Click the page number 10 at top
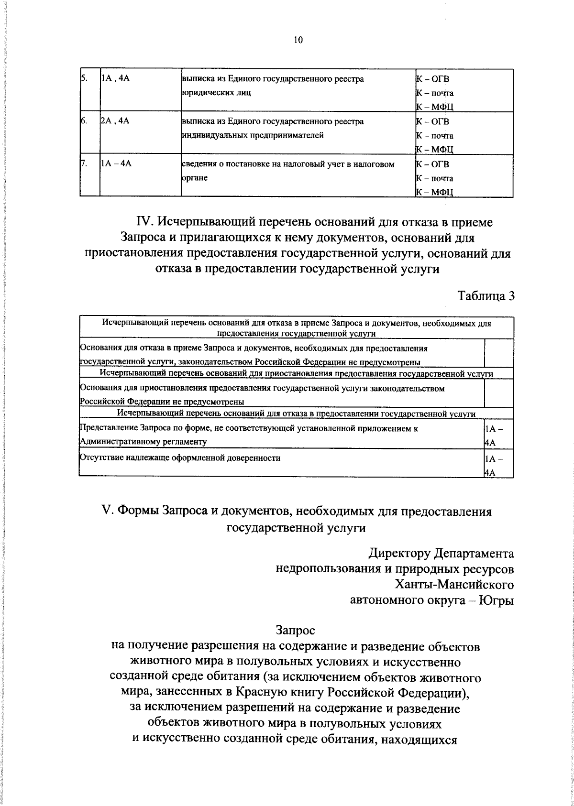298,40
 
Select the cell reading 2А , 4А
115,121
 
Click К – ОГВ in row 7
433,164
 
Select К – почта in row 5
435,93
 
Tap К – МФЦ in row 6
435,150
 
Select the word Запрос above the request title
295,631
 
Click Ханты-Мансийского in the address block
454,584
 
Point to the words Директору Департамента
441,554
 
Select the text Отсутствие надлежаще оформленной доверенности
180,458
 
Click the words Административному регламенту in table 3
143,442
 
